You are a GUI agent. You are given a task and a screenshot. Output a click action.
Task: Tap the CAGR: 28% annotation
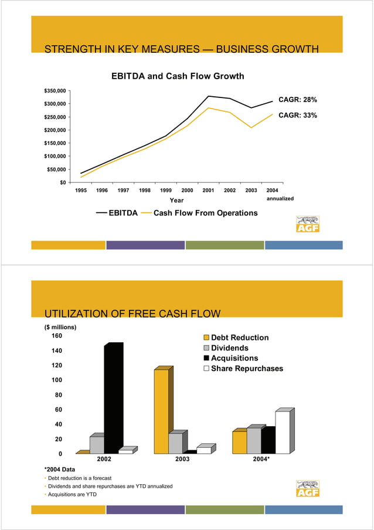pos(297,100)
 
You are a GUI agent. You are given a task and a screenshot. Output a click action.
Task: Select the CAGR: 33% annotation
pos(297,116)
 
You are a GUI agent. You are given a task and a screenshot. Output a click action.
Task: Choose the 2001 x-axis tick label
pos(208,191)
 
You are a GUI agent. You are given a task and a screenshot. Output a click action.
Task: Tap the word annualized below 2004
pos(280,199)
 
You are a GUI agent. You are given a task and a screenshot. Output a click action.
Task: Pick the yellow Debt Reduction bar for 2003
pos(161,411)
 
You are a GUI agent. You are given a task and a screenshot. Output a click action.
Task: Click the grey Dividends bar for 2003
pos(175,443)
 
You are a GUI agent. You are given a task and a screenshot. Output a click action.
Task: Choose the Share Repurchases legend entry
pos(246,369)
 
